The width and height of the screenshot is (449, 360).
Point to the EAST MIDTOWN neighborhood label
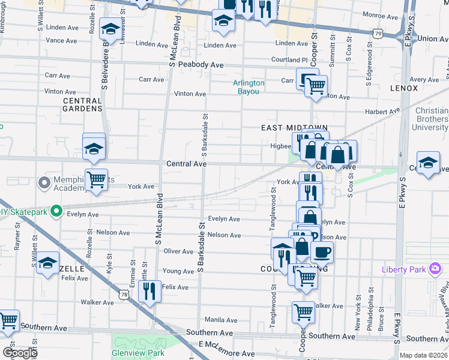(x=294, y=128)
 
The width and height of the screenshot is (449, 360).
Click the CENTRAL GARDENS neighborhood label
(x=83, y=104)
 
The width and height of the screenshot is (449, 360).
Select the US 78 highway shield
(x=123, y=295)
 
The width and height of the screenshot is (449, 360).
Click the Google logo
(x=20, y=353)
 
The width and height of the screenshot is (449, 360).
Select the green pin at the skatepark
(x=56, y=211)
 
